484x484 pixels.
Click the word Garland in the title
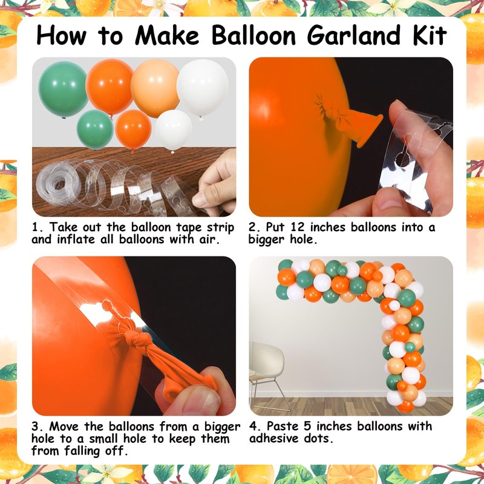[x=355, y=36]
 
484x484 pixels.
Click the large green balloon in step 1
[x=63, y=89]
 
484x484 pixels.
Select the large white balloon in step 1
[x=203, y=88]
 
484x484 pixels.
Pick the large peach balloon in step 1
[x=155, y=88]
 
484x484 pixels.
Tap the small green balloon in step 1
[x=95, y=129]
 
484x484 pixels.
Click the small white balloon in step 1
[x=174, y=130]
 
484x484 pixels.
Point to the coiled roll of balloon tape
[x=56, y=184]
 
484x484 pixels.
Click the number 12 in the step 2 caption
[x=298, y=227]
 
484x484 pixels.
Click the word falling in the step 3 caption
[x=83, y=451]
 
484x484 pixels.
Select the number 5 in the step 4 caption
[x=307, y=427]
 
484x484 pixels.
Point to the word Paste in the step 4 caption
[x=283, y=427]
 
